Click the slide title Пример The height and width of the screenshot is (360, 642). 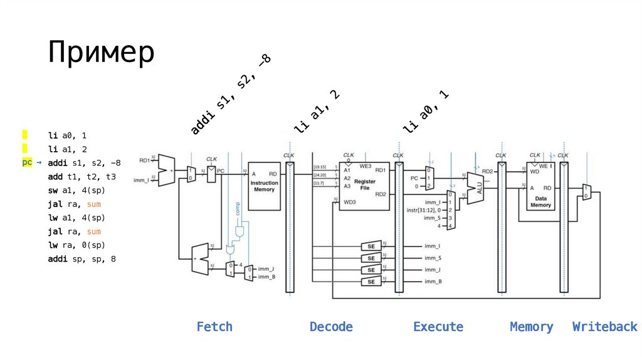click(x=100, y=53)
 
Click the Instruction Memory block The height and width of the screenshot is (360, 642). click(x=264, y=186)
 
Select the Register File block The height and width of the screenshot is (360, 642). click(x=364, y=186)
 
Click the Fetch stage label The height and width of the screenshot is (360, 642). click(x=214, y=327)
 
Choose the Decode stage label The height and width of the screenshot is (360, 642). click(x=331, y=327)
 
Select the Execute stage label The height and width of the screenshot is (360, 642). click(x=438, y=327)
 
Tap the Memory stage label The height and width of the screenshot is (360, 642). click(x=532, y=327)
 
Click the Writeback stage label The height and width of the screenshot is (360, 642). click(x=604, y=327)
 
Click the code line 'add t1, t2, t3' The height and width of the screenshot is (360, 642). click(x=82, y=176)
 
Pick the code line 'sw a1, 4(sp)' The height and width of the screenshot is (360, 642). click(x=78, y=190)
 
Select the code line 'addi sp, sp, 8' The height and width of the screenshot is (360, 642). click(x=82, y=258)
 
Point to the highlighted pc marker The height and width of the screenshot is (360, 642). click(x=27, y=162)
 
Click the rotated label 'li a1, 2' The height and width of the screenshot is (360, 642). click(x=317, y=111)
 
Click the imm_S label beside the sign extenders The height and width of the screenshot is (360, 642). click(x=432, y=258)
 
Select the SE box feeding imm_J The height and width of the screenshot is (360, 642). click(x=371, y=270)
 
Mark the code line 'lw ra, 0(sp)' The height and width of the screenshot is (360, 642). click(x=78, y=245)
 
